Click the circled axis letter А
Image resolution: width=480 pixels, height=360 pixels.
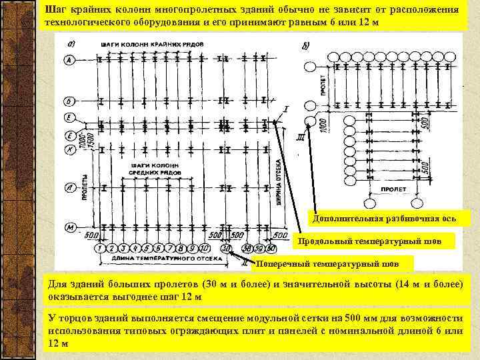click(x=69, y=60)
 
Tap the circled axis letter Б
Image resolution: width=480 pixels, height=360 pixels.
click(x=69, y=101)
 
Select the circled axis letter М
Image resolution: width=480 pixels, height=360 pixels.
click(x=69, y=228)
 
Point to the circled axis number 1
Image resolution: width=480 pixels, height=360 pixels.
click(x=99, y=249)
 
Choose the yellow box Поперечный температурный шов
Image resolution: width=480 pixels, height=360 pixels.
click(x=333, y=263)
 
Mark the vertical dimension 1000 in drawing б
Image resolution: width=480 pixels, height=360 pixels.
click(x=322, y=123)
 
